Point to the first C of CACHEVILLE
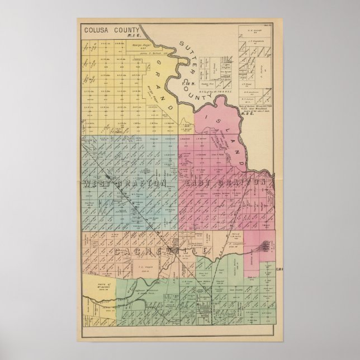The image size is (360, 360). click(119, 252)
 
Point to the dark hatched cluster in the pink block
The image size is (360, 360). click(266, 245)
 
